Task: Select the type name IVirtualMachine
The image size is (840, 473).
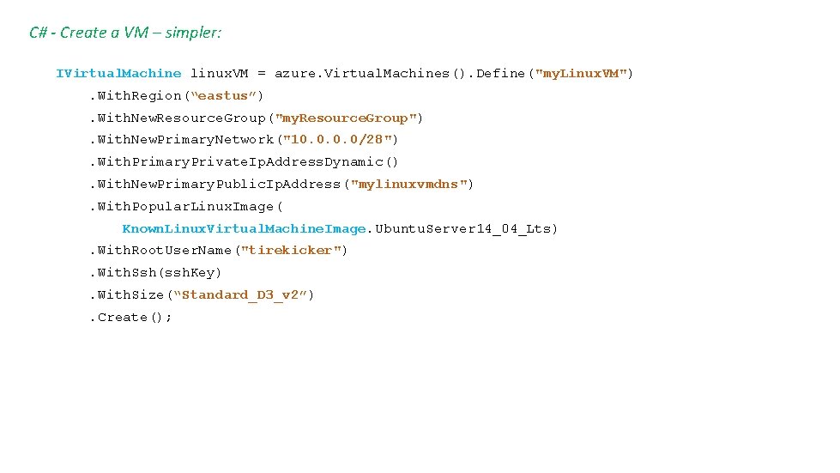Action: pyautogui.click(x=118, y=74)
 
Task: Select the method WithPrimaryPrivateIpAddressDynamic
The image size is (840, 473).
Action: pyautogui.click(x=249, y=162)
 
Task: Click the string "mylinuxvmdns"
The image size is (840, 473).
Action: pyautogui.click(x=408, y=185)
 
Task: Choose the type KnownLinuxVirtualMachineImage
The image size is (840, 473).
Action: pyautogui.click(x=245, y=229)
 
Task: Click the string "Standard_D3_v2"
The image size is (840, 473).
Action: pyautogui.click(x=239, y=295)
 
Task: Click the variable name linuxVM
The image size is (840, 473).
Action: pyautogui.click(x=221, y=74)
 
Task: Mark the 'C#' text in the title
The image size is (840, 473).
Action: pyautogui.click(x=38, y=33)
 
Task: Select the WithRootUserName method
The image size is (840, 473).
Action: pyautogui.click(x=166, y=251)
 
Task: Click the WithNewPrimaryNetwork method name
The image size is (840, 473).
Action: pyautogui.click(x=184, y=140)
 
